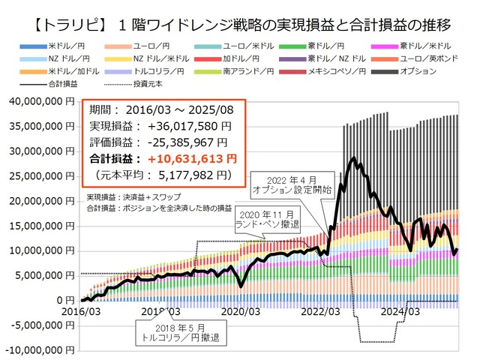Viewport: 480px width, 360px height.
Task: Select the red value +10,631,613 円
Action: point(192,159)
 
